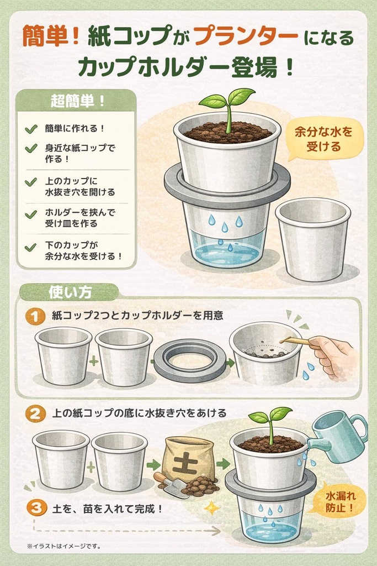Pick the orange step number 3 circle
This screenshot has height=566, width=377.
pyautogui.click(x=35, y=507)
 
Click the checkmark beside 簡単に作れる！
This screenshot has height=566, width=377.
pyautogui.click(x=31, y=129)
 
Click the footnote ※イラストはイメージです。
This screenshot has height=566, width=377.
pyautogui.click(x=63, y=547)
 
